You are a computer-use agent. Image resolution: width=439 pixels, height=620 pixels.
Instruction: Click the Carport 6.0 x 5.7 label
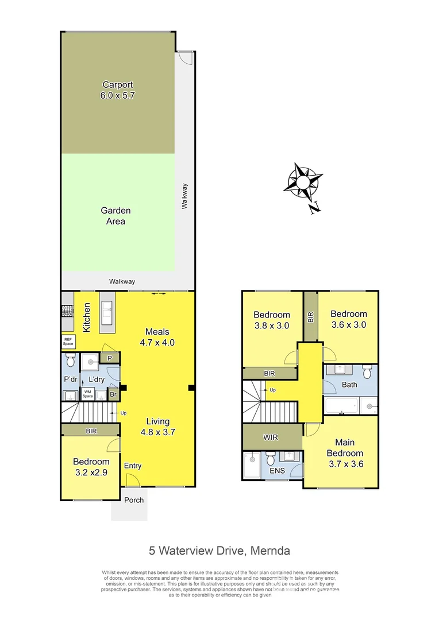click(x=117, y=91)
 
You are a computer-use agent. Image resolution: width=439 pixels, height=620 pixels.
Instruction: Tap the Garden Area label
click(x=115, y=216)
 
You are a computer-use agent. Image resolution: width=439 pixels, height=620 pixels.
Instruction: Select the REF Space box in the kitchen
click(x=68, y=342)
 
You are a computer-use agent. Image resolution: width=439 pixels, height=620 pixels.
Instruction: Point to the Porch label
click(x=134, y=500)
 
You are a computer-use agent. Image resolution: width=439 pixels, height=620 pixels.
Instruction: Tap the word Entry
click(x=132, y=466)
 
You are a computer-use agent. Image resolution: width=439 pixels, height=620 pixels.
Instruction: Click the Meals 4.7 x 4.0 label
click(x=157, y=337)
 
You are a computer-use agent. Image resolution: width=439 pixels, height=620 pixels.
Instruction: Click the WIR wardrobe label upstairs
click(x=271, y=437)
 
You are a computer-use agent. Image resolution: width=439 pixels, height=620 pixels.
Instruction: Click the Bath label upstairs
click(x=349, y=385)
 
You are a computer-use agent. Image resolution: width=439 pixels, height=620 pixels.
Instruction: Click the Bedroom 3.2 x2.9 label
click(x=91, y=467)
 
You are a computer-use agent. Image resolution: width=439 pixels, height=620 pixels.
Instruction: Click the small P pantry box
click(x=109, y=358)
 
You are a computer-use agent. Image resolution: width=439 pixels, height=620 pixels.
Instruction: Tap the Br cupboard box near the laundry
click(x=113, y=395)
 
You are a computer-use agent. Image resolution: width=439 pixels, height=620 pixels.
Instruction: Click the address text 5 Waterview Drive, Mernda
click(x=219, y=551)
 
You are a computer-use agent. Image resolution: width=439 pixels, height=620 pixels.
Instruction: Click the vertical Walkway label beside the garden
click(x=184, y=195)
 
